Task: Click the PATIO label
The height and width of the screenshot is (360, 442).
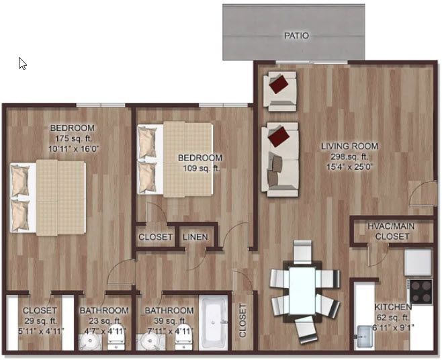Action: [x=296, y=36]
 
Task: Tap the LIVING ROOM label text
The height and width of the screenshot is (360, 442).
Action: [x=349, y=146]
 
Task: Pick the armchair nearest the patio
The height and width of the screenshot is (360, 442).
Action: [x=279, y=90]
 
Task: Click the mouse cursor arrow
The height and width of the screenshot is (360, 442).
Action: [x=22, y=63]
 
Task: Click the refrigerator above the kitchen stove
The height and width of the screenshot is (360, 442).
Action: [x=418, y=261]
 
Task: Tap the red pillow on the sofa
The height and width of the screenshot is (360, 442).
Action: [x=281, y=137]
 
